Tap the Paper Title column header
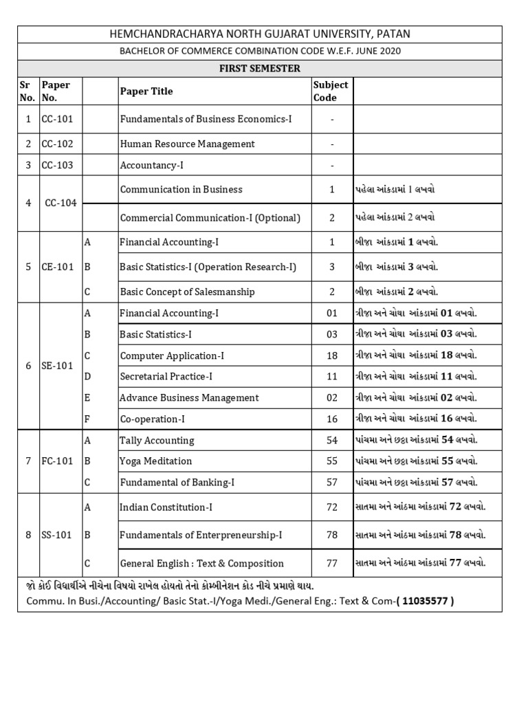146,91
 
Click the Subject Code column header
331,91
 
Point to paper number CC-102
58,144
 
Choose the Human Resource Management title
187,144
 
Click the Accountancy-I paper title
152,165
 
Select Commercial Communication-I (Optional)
210,218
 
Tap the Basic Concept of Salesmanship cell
187,291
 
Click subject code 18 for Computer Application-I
332,355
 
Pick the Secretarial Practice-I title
166,376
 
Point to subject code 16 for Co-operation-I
332,418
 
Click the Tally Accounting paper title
157,440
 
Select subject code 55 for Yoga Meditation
332,461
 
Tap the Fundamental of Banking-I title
177,483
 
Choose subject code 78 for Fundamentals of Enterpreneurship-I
332,534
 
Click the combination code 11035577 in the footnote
425,601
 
